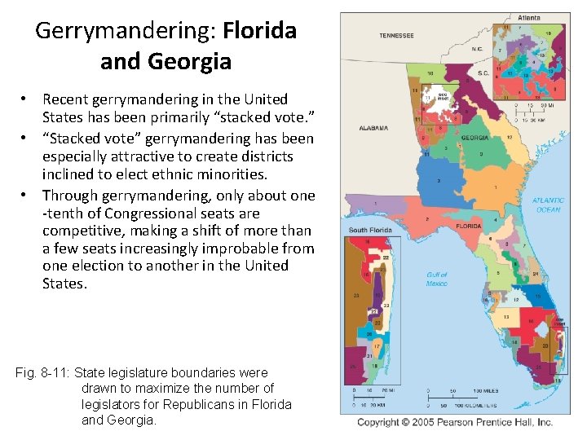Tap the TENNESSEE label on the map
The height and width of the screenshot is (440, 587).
396,36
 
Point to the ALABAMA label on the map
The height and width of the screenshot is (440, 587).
373,128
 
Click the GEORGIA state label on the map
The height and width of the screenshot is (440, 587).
474,138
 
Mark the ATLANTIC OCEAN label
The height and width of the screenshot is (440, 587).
548,205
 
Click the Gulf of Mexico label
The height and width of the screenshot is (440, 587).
437,279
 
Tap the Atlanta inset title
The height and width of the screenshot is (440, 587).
527,18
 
